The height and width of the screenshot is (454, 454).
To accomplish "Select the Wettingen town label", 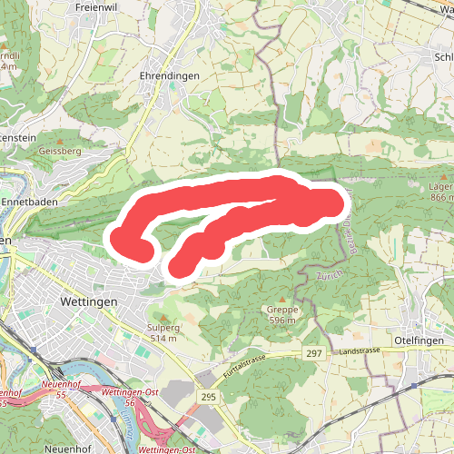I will click(88, 300).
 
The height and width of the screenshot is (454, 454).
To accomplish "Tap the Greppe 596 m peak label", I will click(283, 314).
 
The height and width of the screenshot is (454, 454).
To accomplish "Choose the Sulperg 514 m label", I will click(164, 331).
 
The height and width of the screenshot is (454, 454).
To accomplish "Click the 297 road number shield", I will click(314, 353).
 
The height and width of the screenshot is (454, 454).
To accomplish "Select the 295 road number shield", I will click(209, 397).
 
